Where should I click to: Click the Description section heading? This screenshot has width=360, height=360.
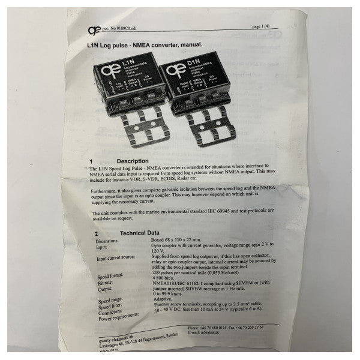(133, 161)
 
